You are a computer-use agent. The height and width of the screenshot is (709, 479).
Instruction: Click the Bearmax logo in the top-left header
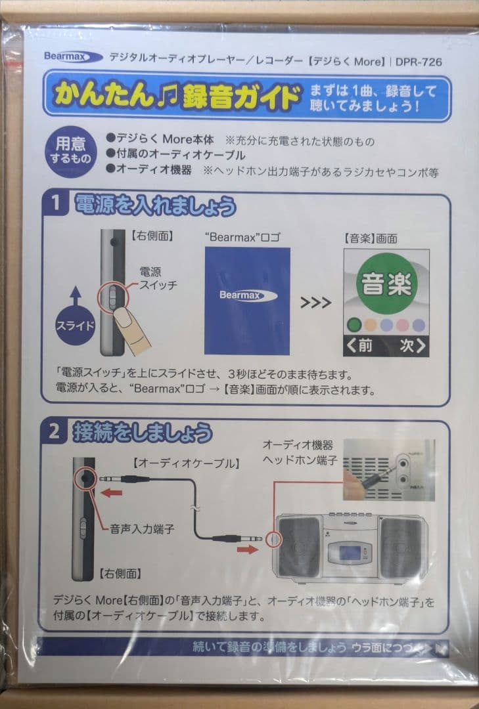tap(73, 57)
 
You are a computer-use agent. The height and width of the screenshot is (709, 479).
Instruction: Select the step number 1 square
tap(57, 205)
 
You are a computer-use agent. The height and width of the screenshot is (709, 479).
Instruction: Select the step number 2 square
tap(57, 431)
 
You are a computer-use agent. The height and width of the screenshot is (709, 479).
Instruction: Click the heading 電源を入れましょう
tap(154, 205)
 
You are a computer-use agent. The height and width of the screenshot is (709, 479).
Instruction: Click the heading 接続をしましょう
tap(143, 432)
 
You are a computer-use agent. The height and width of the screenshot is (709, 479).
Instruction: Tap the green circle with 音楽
tap(387, 284)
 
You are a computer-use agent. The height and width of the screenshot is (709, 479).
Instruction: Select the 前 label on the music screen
tap(361, 346)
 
